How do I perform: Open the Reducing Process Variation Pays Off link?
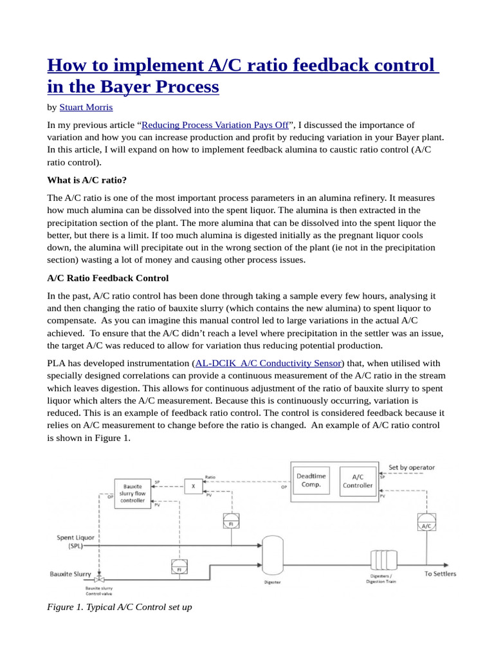click(x=215, y=125)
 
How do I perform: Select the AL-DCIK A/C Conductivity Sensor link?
click(x=270, y=364)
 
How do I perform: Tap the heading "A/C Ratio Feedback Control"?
click(x=108, y=278)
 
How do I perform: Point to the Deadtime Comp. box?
click(x=311, y=480)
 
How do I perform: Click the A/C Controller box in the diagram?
click(x=357, y=480)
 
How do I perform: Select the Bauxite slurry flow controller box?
click(x=133, y=493)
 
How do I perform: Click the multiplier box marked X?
click(x=192, y=487)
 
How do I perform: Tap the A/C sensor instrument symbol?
click(x=425, y=522)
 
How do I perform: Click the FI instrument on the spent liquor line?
click(x=230, y=521)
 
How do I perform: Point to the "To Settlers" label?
click(x=440, y=573)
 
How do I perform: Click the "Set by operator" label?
click(x=412, y=467)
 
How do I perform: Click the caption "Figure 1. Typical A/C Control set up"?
click(x=120, y=607)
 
